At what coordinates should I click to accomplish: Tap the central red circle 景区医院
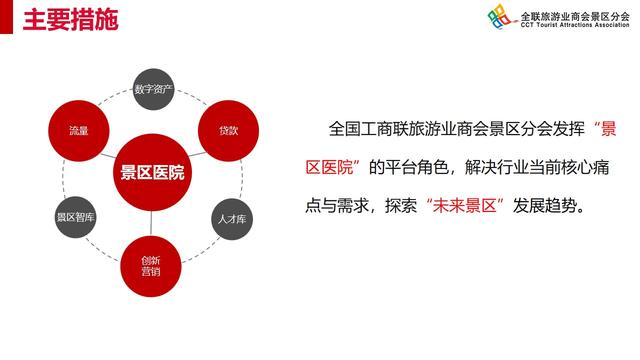click(152, 173)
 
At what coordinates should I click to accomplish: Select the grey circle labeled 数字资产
click(154, 89)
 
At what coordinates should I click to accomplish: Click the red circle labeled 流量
click(79, 131)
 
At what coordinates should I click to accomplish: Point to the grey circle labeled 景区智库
click(76, 217)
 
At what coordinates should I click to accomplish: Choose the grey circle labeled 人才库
click(227, 217)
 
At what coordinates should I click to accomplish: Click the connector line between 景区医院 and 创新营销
click(152, 224)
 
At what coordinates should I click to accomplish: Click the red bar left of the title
click(5, 18)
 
